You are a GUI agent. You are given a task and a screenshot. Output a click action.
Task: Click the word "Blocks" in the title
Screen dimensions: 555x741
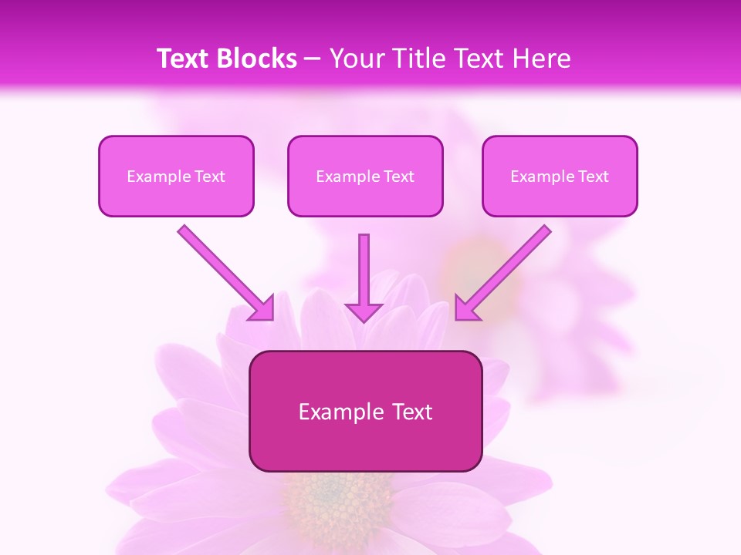point(257,59)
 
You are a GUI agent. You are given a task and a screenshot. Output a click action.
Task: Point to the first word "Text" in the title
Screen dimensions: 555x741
point(184,59)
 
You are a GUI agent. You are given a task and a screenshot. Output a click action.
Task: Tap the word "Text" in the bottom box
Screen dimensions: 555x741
point(411,412)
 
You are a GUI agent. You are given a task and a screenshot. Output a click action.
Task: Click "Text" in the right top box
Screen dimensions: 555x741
point(593,177)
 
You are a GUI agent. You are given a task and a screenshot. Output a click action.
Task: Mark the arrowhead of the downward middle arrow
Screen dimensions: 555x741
point(364,312)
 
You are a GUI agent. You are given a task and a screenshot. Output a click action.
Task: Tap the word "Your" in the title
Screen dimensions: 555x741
point(354,59)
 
